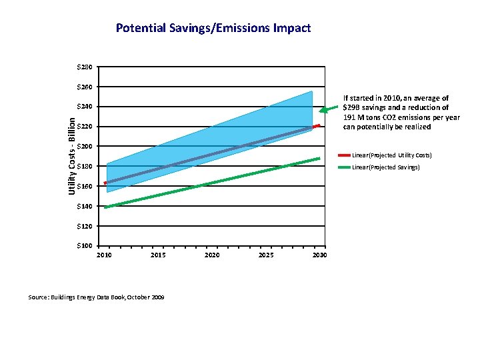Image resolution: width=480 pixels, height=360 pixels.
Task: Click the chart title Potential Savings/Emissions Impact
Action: coord(213,28)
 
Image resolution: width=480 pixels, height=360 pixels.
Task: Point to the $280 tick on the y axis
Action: coord(85,67)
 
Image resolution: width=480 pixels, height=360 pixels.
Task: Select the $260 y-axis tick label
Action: coord(85,87)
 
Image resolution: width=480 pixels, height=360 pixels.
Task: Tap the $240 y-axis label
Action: coord(85,107)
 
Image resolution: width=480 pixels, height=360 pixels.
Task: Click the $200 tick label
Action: coord(85,147)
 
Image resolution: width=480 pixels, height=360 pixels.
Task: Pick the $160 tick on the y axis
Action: coord(85,187)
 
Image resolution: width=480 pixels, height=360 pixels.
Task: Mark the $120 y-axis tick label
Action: coord(85,226)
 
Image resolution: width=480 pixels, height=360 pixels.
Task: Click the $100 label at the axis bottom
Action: coord(85,246)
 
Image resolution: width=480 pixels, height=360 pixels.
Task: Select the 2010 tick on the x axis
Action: coord(105,255)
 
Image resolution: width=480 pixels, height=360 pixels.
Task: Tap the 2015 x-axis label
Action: coord(159,255)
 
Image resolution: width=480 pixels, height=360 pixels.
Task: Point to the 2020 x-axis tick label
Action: coord(212,255)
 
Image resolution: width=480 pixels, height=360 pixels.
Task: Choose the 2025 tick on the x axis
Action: coord(265,255)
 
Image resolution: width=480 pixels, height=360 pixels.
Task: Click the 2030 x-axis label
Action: coord(319,255)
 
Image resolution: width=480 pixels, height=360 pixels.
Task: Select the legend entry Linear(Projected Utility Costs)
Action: coord(391,155)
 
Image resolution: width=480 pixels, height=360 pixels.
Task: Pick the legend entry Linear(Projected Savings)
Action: coord(385,167)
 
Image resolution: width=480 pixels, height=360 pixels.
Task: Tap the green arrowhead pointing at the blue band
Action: coord(323,110)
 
